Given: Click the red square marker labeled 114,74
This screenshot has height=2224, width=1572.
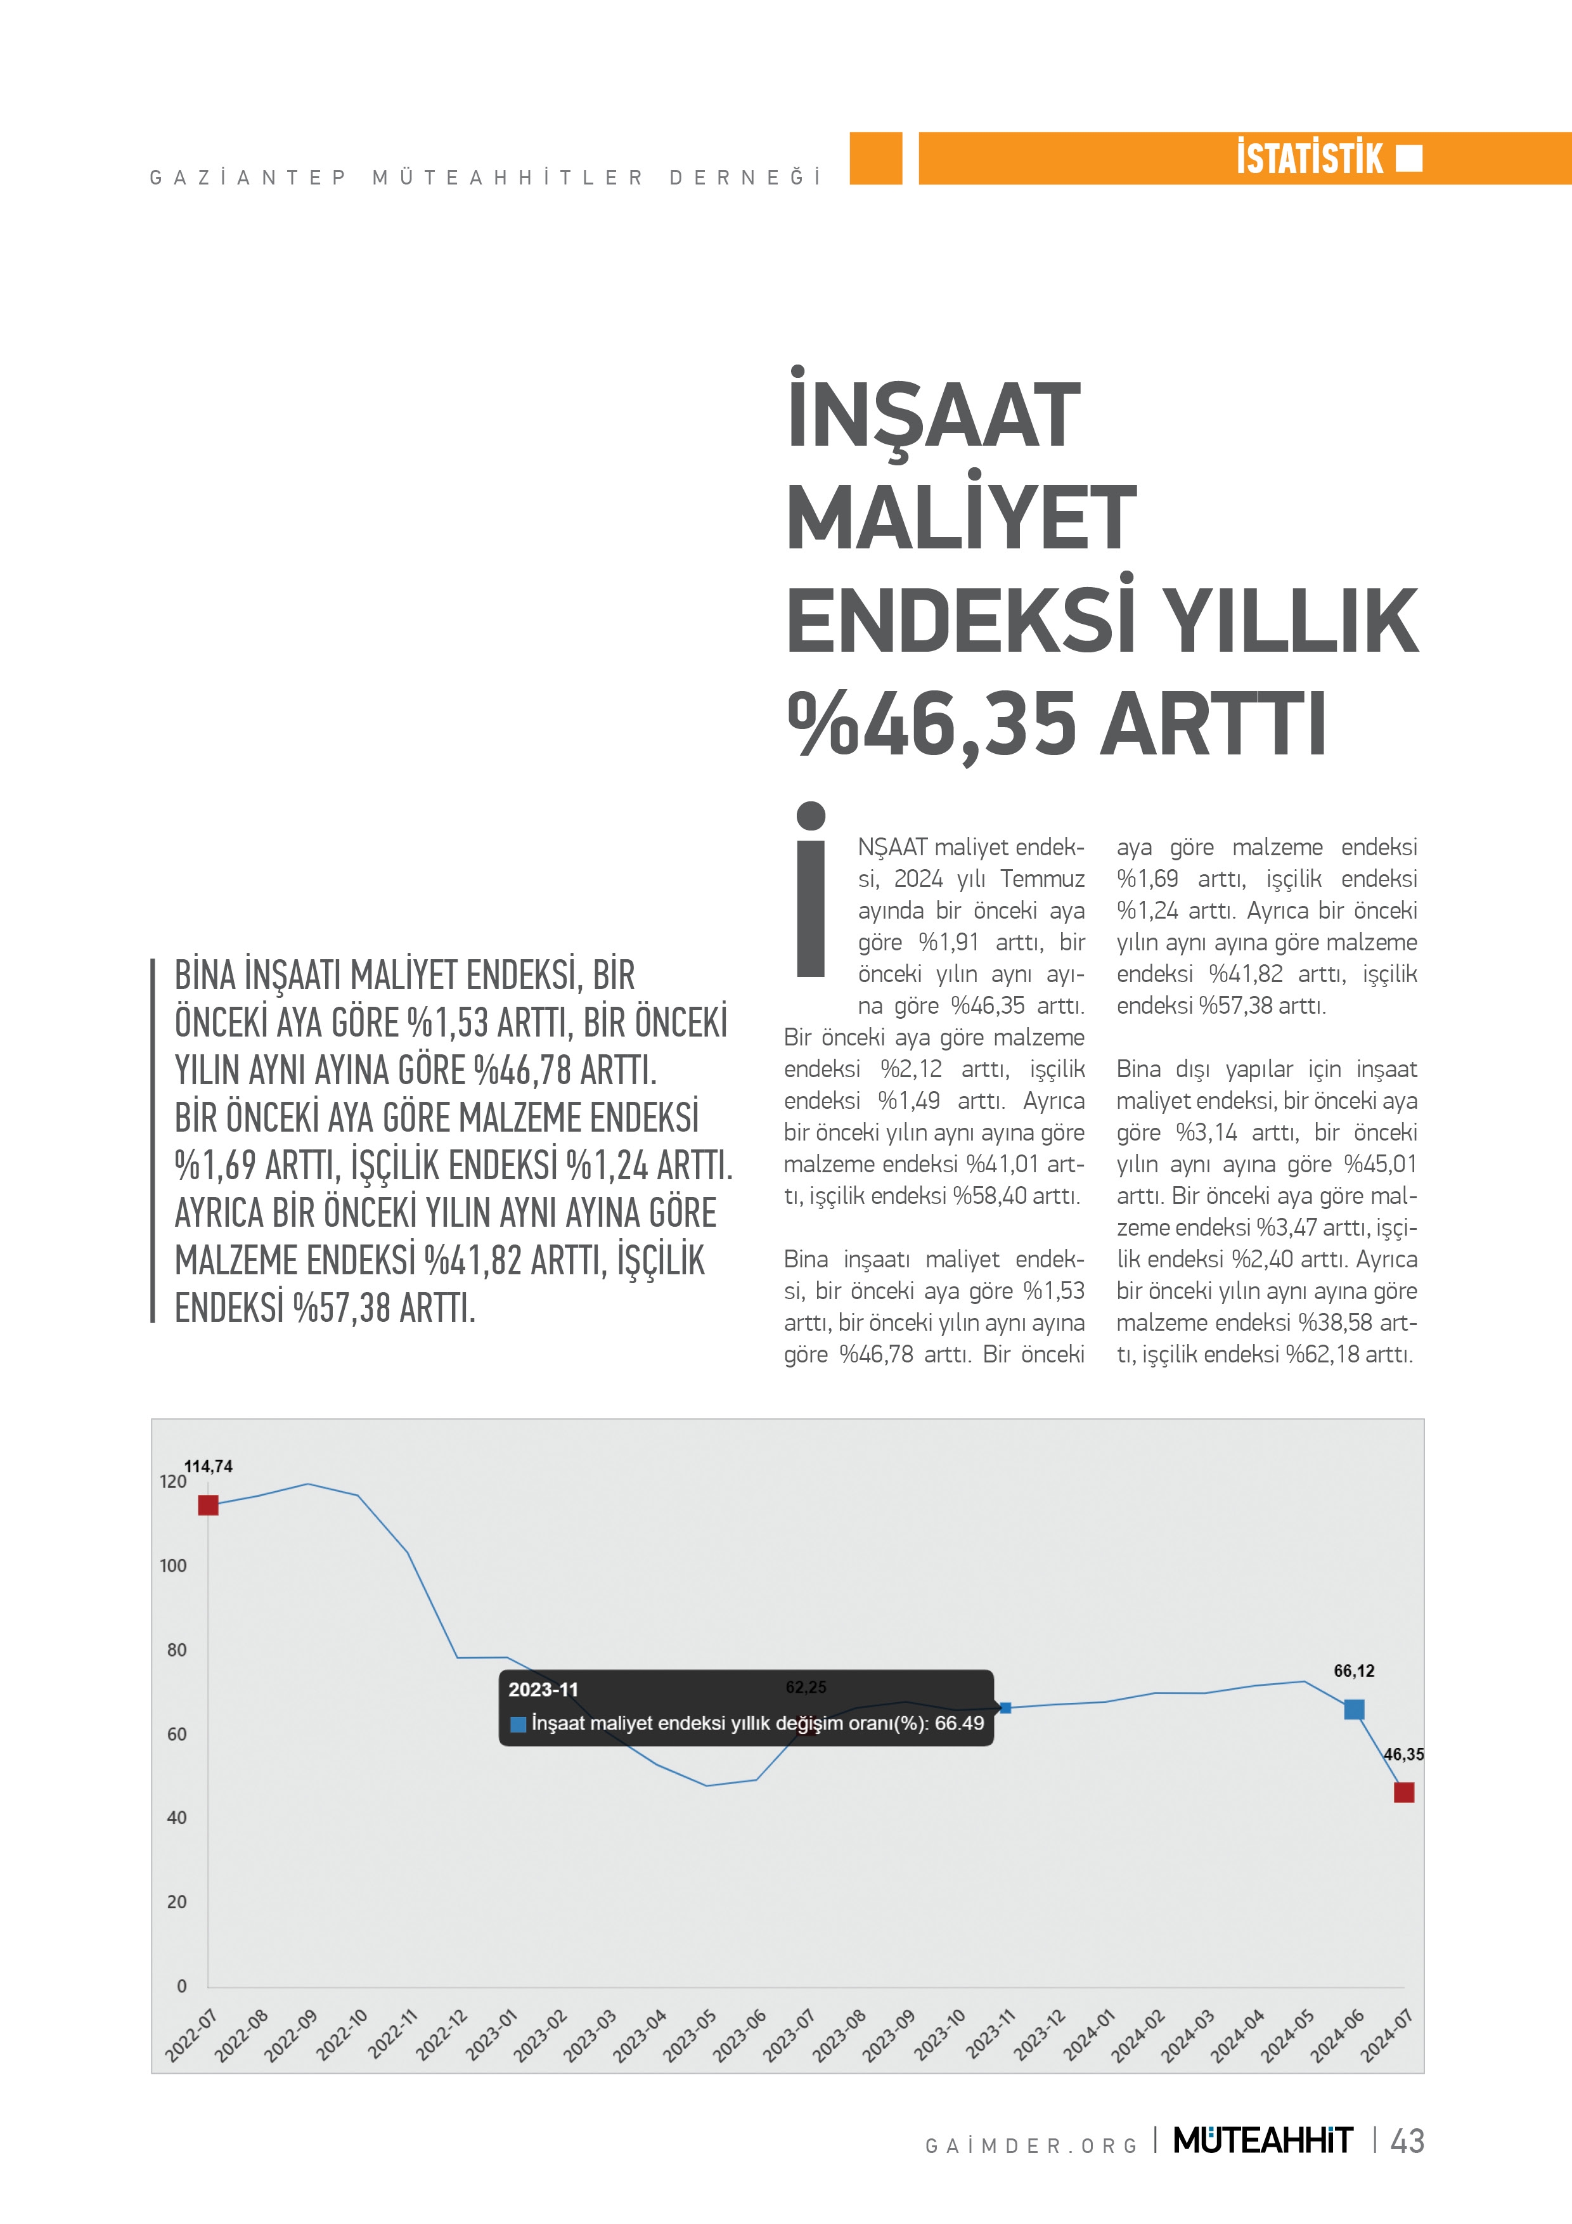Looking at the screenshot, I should [209, 1504].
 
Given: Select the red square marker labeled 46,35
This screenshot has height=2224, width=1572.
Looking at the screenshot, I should [1403, 1792].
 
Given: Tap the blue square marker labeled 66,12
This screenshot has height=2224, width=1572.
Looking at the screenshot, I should [1354, 1709].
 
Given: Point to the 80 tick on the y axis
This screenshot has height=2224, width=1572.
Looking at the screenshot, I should [176, 1650].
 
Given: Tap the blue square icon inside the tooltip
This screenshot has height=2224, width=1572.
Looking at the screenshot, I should [518, 1723].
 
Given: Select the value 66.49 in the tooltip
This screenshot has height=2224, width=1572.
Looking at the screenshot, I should [959, 1723].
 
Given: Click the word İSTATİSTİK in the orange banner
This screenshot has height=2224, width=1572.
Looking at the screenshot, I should [1310, 158].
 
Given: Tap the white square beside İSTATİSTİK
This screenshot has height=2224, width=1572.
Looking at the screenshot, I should [1409, 158].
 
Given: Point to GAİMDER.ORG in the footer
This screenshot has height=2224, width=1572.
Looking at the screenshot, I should [1031, 2145].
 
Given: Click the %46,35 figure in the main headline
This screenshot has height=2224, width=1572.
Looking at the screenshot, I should [932, 723].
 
